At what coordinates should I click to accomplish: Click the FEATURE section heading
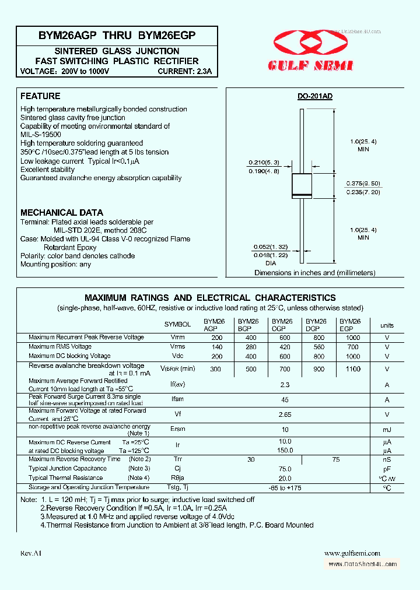(x=40, y=96)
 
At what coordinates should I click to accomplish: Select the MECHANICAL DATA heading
(x=62, y=213)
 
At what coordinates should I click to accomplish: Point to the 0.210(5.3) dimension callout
(x=265, y=162)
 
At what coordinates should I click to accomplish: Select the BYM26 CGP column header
(x=282, y=325)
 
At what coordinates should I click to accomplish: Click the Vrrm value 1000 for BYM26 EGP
(x=352, y=338)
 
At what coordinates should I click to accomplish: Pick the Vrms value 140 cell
(x=217, y=347)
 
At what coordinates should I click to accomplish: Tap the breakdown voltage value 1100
(x=352, y=369)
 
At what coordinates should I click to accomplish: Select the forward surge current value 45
(x=285, y=400)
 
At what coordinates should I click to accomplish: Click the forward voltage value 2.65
(x=285, y=415)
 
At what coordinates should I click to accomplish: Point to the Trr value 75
(x=335, y=460)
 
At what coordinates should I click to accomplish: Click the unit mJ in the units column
(x=387, y=429)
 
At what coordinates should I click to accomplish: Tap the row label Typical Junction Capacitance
(x=67, y=468)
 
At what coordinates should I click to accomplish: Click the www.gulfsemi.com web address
(x=352, y=553)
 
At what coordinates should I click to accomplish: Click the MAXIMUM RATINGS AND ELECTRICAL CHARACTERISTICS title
(x=210, y=298)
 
